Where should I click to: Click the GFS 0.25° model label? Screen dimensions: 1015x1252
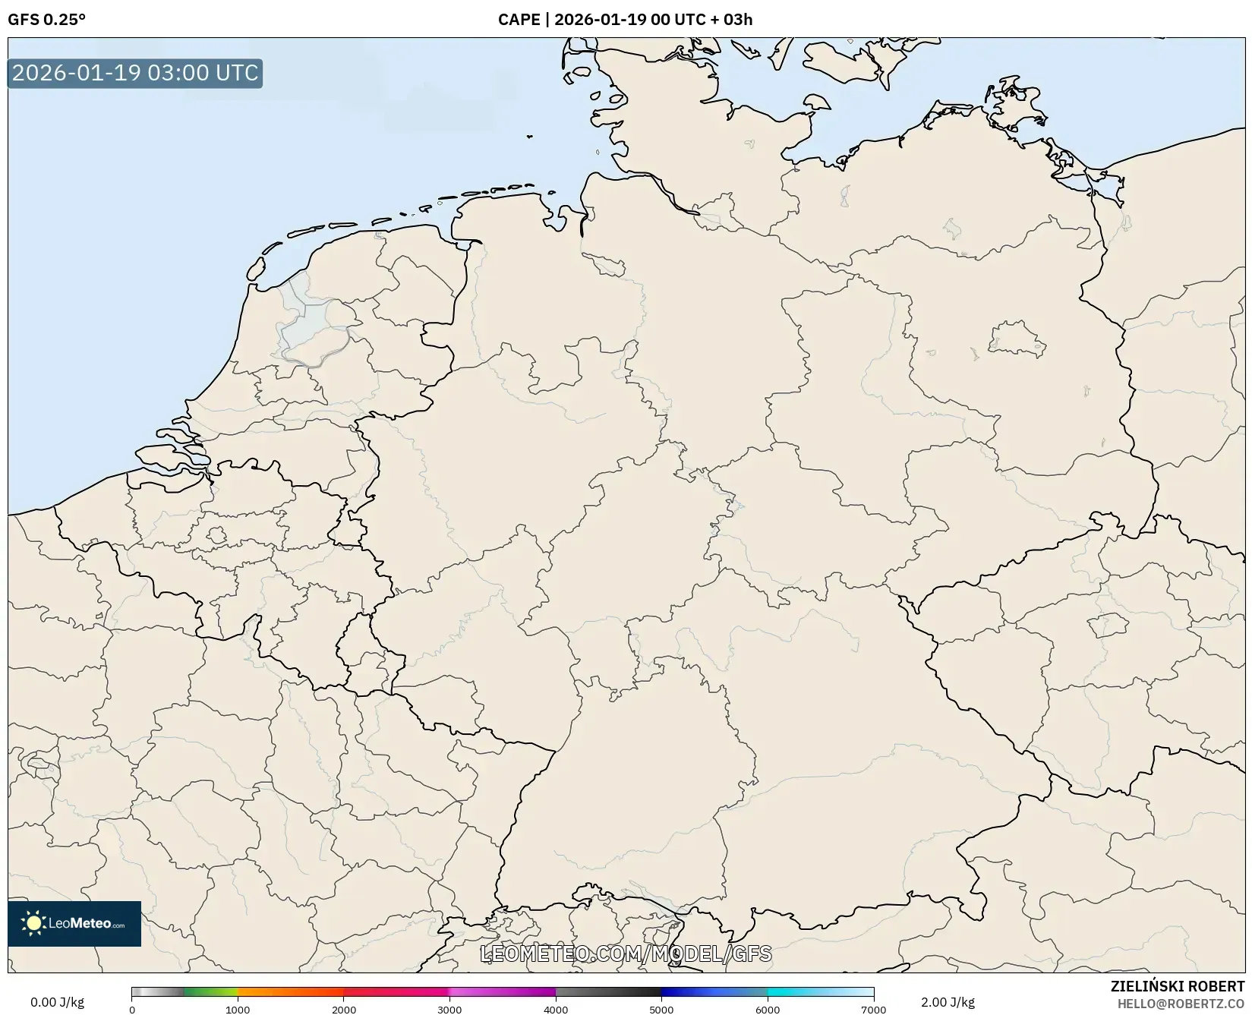pyautogui.click(x=46, y=20)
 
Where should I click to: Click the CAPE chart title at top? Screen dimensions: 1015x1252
pyautogui.click(x=625, y=20)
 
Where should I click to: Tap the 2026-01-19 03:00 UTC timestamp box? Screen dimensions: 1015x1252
pyautogui.click(x=135, y=73)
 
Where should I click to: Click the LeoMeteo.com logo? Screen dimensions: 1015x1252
pyautogui.click(x=74, y=923)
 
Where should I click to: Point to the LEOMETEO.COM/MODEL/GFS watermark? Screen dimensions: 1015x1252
pyautogui.click(x=626, y=954)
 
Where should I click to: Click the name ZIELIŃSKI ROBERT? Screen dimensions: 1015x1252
pyautogui.click(x=1178, y=986)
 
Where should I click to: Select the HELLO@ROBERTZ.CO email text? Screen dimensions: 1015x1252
pyautogui.click(x=1181, y=1004)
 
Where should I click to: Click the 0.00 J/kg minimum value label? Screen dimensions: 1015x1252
pyautogui.click(x=57, y=1002)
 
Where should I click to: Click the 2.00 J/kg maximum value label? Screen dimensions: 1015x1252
pyautogui.click(x=948, y=1002)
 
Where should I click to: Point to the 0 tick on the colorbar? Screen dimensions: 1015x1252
pyautogui.click(x=132, y=1009)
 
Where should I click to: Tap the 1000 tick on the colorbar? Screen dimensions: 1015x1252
pyautogui.click(x=238, y=1009)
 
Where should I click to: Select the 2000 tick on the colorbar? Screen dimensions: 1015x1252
pyautogui.click(x=344, y=1009)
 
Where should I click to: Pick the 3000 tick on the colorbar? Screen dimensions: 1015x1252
pyautogui.click(x=449, y=1009)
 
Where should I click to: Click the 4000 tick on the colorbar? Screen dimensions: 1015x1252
pyautogui.click(x=556, y=1009)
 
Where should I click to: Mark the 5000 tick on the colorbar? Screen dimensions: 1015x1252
pyautogui.click(x=661, y=1009)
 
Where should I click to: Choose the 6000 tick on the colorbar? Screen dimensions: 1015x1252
pyautogui.click(x=768, y=1009)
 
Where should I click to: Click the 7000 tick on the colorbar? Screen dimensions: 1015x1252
pyautogui.click(x=873, y=1009)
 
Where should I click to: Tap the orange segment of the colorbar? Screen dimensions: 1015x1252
pyautogui.click(x=289, y=991)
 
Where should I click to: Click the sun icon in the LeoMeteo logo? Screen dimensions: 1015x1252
pyautogui.click(x=33, y=923)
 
